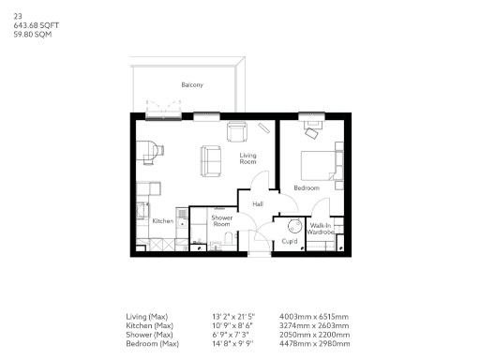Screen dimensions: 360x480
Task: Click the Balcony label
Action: [x=192, y=85]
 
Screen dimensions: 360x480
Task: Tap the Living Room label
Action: [x=248, y=158]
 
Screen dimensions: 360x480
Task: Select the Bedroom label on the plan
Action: [x=306, y=187]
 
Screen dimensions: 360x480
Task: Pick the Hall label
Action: [x=258, y=202]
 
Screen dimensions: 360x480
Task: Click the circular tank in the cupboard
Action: [x=293, y=225]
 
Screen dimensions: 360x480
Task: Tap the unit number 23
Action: [x=18, y=16]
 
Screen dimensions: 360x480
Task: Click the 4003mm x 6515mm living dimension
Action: [x=315, y=317]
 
